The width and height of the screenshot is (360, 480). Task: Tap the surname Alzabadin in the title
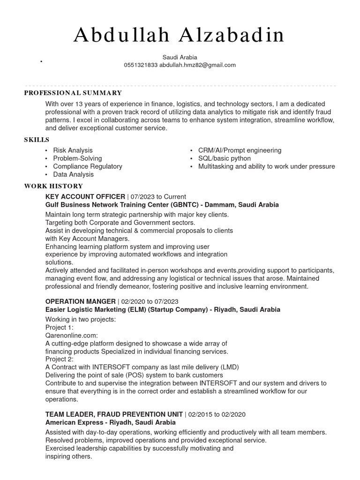(x=229, y=36)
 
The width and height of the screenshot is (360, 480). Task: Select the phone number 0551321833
(x=141, y=65)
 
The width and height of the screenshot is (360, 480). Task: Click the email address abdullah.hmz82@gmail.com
(x=197, y=65)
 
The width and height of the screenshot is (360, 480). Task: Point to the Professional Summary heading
(x=73, y=93)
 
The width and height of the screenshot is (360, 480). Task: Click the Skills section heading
(x=37, y=140)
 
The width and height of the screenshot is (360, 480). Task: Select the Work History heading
(x=53, y=186)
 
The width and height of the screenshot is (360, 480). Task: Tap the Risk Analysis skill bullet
(x=73, y=150)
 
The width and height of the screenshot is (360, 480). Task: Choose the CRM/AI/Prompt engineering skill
(x=240, y=150)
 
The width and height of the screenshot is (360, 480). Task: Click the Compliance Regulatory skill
(x=87, y=166)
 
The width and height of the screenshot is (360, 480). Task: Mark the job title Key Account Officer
(x=85, y=197)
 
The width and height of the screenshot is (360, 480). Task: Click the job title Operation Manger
(x=80, y=301)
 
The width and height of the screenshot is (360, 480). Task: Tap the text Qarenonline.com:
(x=71, y=336)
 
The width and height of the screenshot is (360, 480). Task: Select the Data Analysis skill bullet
(x=73, y=174)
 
